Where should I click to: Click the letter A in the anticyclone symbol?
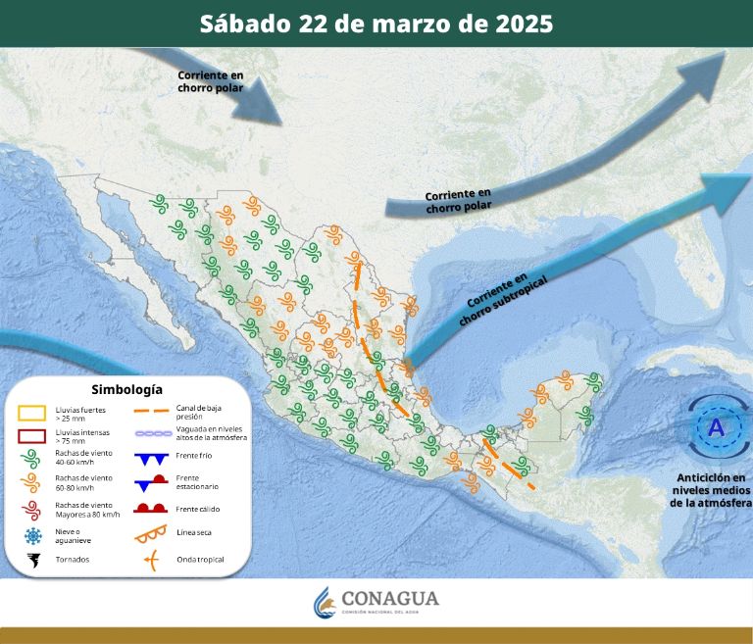[x=716, y=427]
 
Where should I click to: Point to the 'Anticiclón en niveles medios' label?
[x=711, y=490]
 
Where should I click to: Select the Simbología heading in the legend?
[x=126, y=389]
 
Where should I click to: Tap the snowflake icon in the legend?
[x=33, y=535]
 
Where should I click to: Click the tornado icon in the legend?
[x=33, y=561]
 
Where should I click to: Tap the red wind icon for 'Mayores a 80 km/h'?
[x=33, y=510]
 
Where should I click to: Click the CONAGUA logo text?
[x=390, y=599]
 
